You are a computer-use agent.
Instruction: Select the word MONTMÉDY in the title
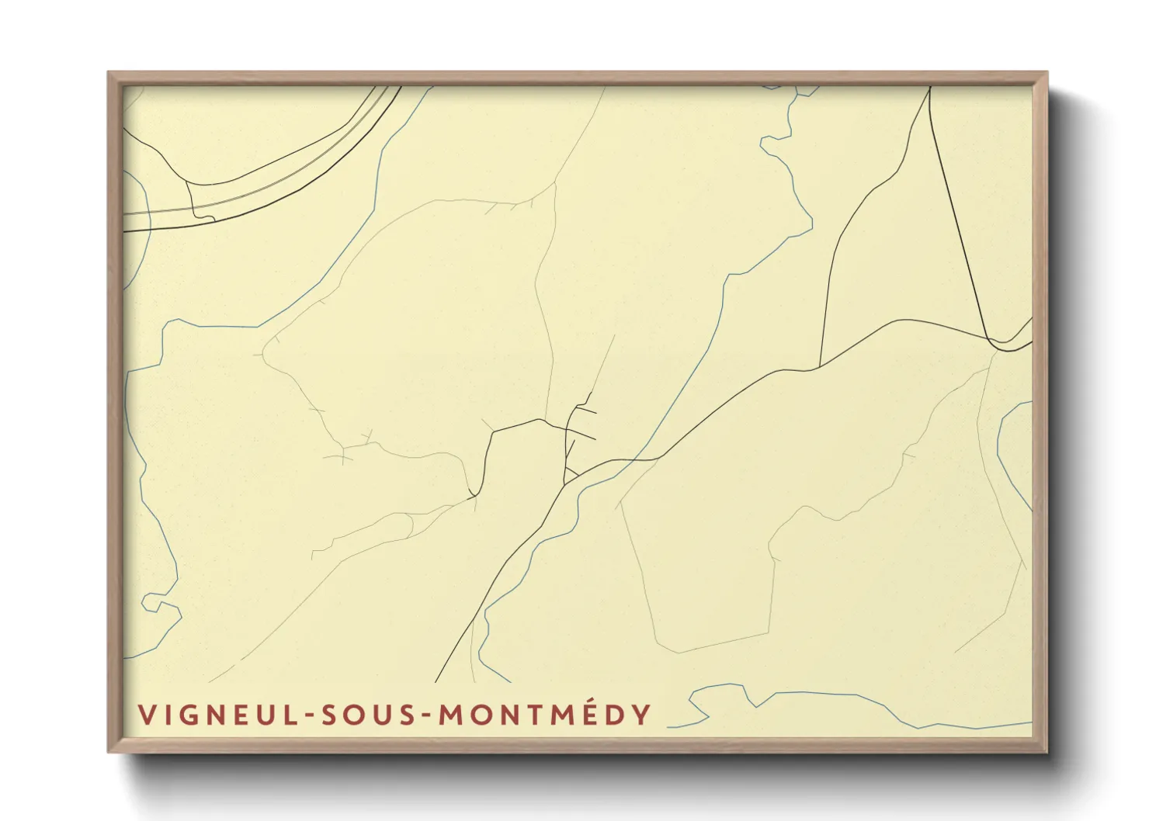click(x=544, y=715)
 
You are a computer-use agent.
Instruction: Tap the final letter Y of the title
click(x=641, y=715)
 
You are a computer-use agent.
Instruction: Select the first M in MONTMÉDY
click(x=451, y=715)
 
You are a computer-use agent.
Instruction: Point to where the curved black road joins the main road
click(x=820, y=366)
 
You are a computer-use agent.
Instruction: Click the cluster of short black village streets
click(x=578, y=423)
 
